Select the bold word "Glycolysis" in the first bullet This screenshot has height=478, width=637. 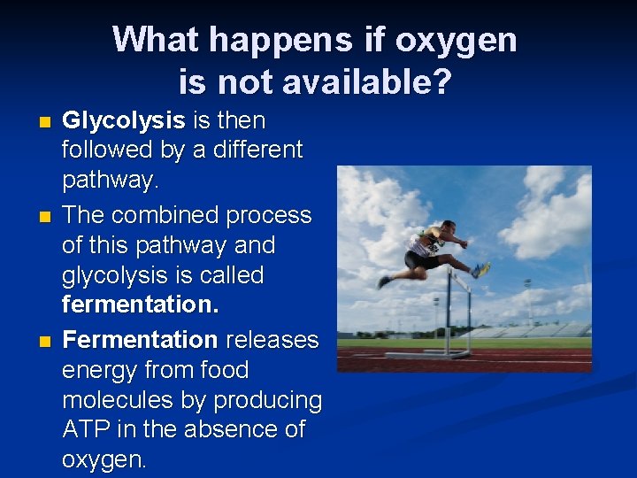(x=123, y=120)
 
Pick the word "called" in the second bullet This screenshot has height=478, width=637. (x=230, y=275)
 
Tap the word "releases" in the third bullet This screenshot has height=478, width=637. (x=272, y=340)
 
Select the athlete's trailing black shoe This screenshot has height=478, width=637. (x=384, y=281)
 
